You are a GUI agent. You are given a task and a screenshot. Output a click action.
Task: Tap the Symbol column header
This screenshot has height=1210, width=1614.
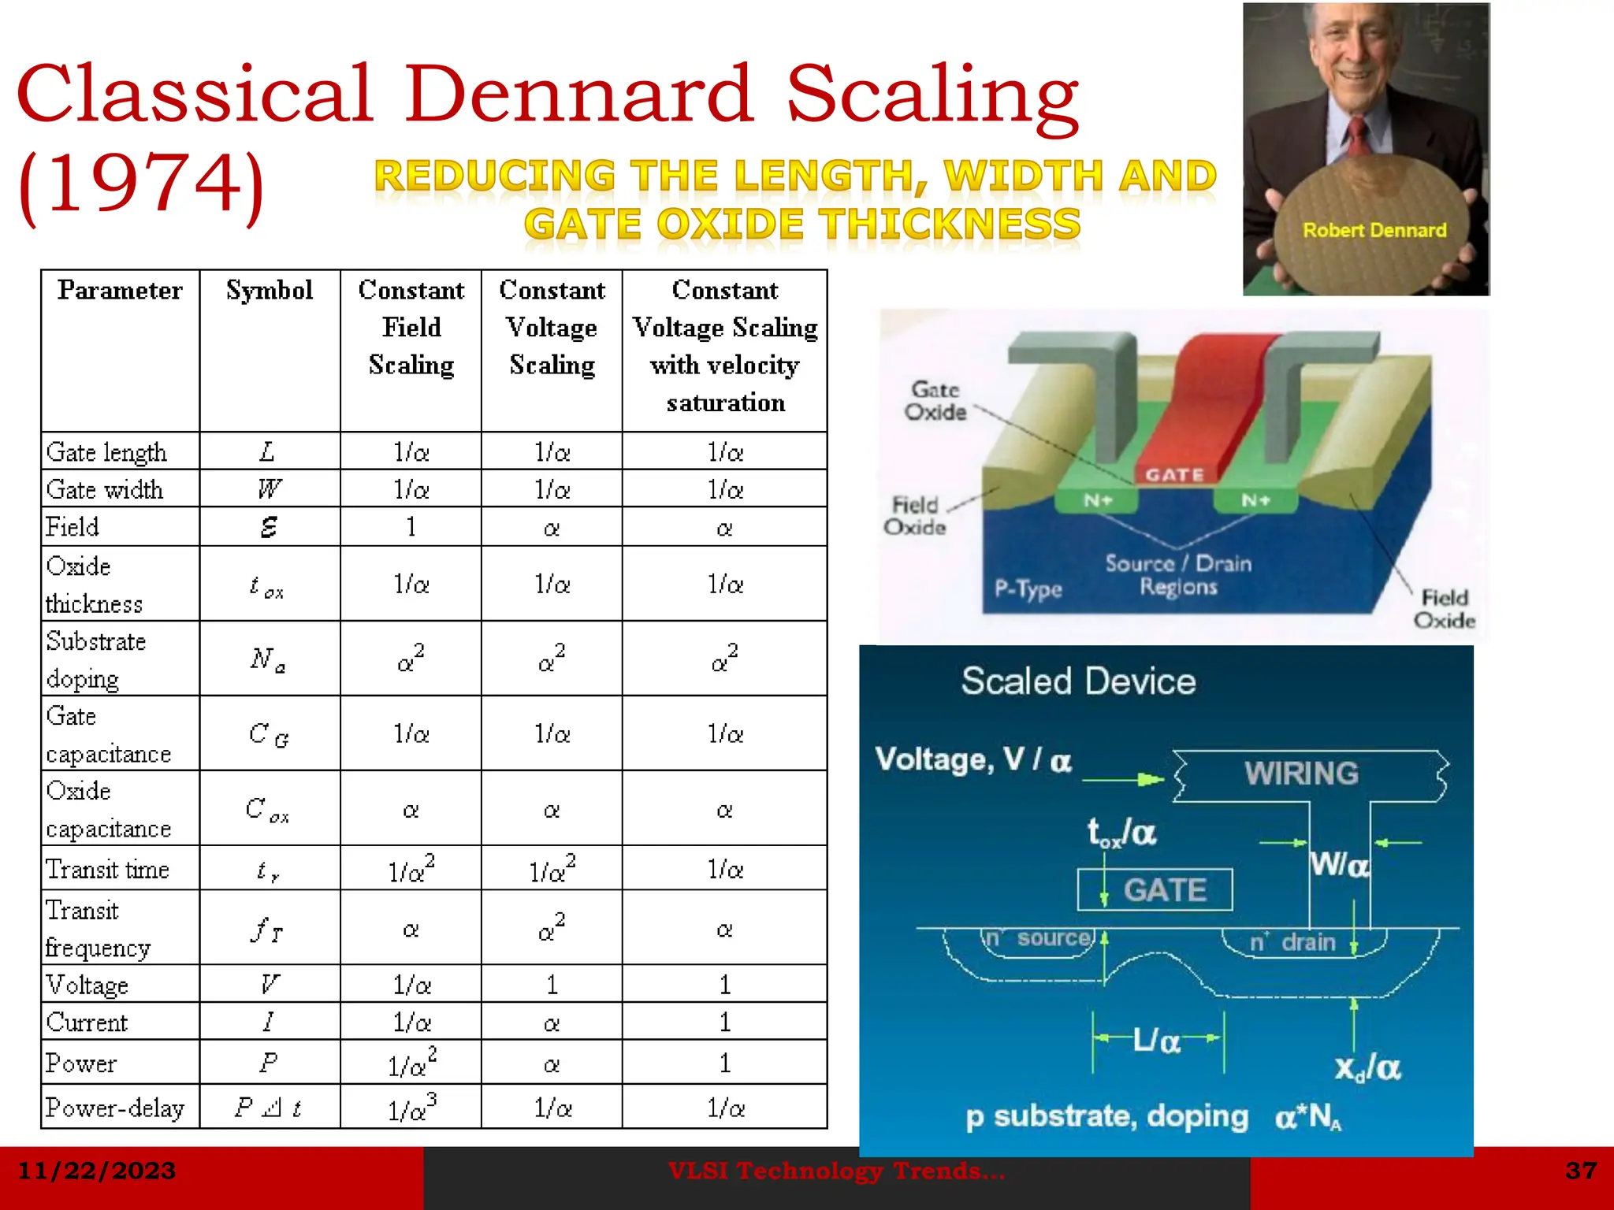[270, 291]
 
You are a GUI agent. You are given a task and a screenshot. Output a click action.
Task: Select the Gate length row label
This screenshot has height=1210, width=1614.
[106, 452]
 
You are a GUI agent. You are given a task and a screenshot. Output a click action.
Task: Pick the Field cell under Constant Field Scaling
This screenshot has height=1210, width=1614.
[411, 527]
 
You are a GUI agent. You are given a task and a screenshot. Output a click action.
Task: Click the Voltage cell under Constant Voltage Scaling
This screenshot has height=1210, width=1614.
[552, 985]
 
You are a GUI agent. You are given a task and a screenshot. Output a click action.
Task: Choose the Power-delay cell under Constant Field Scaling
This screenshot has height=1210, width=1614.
[411, 1108]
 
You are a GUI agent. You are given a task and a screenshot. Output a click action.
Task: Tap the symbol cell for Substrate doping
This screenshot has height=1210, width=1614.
[269, 659]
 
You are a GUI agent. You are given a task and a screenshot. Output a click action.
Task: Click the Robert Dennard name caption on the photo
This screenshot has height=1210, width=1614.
[1374, 230]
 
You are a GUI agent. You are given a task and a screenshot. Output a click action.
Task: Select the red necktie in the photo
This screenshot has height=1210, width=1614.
[1357, 138]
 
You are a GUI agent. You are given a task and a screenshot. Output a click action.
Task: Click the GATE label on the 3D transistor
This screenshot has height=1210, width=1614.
[1174, 475]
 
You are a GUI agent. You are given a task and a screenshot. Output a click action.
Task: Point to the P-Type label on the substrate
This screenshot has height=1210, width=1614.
[1028, 588]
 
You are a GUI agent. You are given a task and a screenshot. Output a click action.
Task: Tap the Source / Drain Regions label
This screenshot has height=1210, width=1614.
[1178, 575]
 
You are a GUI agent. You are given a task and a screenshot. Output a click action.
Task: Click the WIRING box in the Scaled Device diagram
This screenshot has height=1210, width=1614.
[1302, 774]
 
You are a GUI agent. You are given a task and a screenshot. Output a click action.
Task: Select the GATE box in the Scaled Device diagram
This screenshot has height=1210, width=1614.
[1155, 890]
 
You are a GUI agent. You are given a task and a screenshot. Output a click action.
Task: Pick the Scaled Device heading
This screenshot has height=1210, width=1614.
[1078, 681]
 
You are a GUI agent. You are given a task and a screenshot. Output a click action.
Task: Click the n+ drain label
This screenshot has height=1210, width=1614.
[1292, 942]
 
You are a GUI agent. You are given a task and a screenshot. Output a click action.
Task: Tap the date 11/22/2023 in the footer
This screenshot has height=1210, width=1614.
[96, 1171]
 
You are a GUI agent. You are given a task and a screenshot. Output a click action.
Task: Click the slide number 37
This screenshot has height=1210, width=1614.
[1580, 1171]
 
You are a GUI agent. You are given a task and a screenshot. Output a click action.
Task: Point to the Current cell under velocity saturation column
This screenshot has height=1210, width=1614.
[724, 1023]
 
